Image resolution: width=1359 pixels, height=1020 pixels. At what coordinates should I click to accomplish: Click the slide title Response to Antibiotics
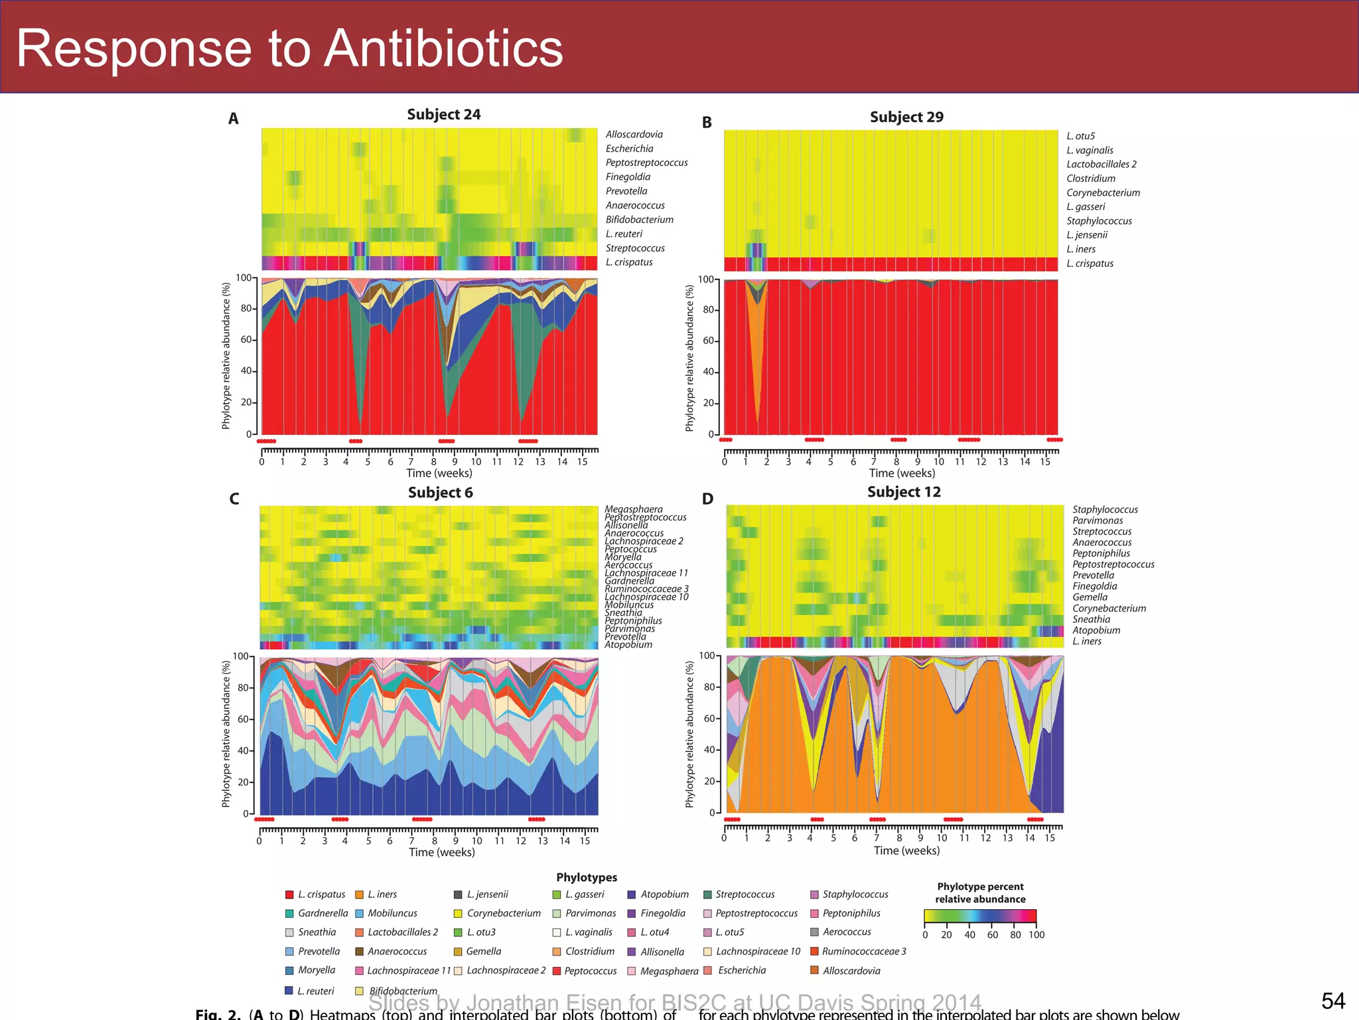[289, 48]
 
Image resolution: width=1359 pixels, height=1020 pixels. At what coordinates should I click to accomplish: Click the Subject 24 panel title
[443, 114]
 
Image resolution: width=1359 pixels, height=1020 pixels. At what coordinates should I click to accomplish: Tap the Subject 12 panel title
[904, 492]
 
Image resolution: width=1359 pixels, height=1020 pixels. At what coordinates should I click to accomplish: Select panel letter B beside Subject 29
[707, 123]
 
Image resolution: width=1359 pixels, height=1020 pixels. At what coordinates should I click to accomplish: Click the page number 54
[1332, 1001]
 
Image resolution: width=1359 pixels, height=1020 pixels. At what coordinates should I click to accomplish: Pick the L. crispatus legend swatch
[289, 894]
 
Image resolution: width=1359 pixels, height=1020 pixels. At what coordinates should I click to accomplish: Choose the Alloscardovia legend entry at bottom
[851, 970]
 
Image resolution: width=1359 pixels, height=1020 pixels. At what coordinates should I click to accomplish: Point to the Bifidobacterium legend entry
[403, 991]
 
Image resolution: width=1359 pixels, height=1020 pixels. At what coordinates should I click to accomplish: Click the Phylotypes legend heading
[587, 877]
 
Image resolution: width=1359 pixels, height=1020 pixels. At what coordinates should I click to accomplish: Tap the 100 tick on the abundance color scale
[1037, 934]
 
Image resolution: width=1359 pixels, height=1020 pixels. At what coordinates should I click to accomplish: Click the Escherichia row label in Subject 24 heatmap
[629, 149]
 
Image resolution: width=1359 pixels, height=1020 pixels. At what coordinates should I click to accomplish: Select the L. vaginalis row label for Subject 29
[1090, 150]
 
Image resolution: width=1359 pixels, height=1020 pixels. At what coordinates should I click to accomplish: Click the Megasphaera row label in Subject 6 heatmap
[633, 509]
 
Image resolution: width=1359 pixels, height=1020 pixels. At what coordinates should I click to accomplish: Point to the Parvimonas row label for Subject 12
[1098, 521]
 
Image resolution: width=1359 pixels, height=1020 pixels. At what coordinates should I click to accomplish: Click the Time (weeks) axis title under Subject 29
[902, 473]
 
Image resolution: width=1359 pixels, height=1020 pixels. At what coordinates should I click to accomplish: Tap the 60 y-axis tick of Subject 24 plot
[246, 339]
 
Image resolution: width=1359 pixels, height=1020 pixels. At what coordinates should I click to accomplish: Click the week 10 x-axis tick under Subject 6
[476, 841]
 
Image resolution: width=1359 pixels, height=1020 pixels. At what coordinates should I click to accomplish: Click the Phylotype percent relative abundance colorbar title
[980, 892]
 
